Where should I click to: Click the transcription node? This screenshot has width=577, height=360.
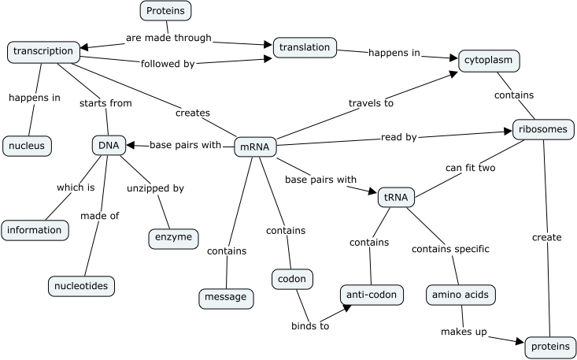tap(44, 52)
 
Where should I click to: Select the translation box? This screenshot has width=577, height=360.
tap(305, 48)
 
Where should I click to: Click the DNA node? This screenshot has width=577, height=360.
tap(109, 145)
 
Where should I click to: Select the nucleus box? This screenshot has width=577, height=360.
tap(28, 146)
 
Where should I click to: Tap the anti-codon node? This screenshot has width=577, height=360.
tap(372, 295)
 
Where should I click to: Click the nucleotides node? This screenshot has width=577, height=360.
tap(82, 285)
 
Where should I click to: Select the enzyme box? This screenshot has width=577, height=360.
tap(173, 237)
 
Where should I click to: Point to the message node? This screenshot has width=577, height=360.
tap(225, 298)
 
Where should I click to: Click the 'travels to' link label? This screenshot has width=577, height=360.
tap(372, 102)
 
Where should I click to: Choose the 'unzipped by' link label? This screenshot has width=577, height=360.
tap(155, 188)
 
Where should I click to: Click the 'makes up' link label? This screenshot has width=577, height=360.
tap(464, 331)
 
